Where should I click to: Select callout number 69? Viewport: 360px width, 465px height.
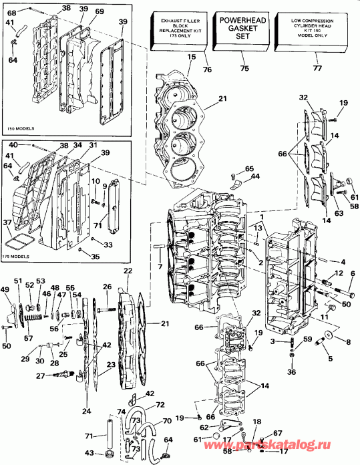pyautogui.click(x=99, y=12)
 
